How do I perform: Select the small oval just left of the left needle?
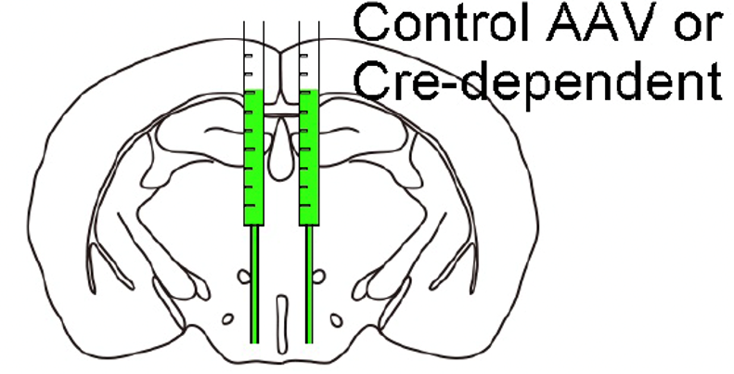243,276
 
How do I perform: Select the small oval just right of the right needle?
320,276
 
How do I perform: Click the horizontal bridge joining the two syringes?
281,114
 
